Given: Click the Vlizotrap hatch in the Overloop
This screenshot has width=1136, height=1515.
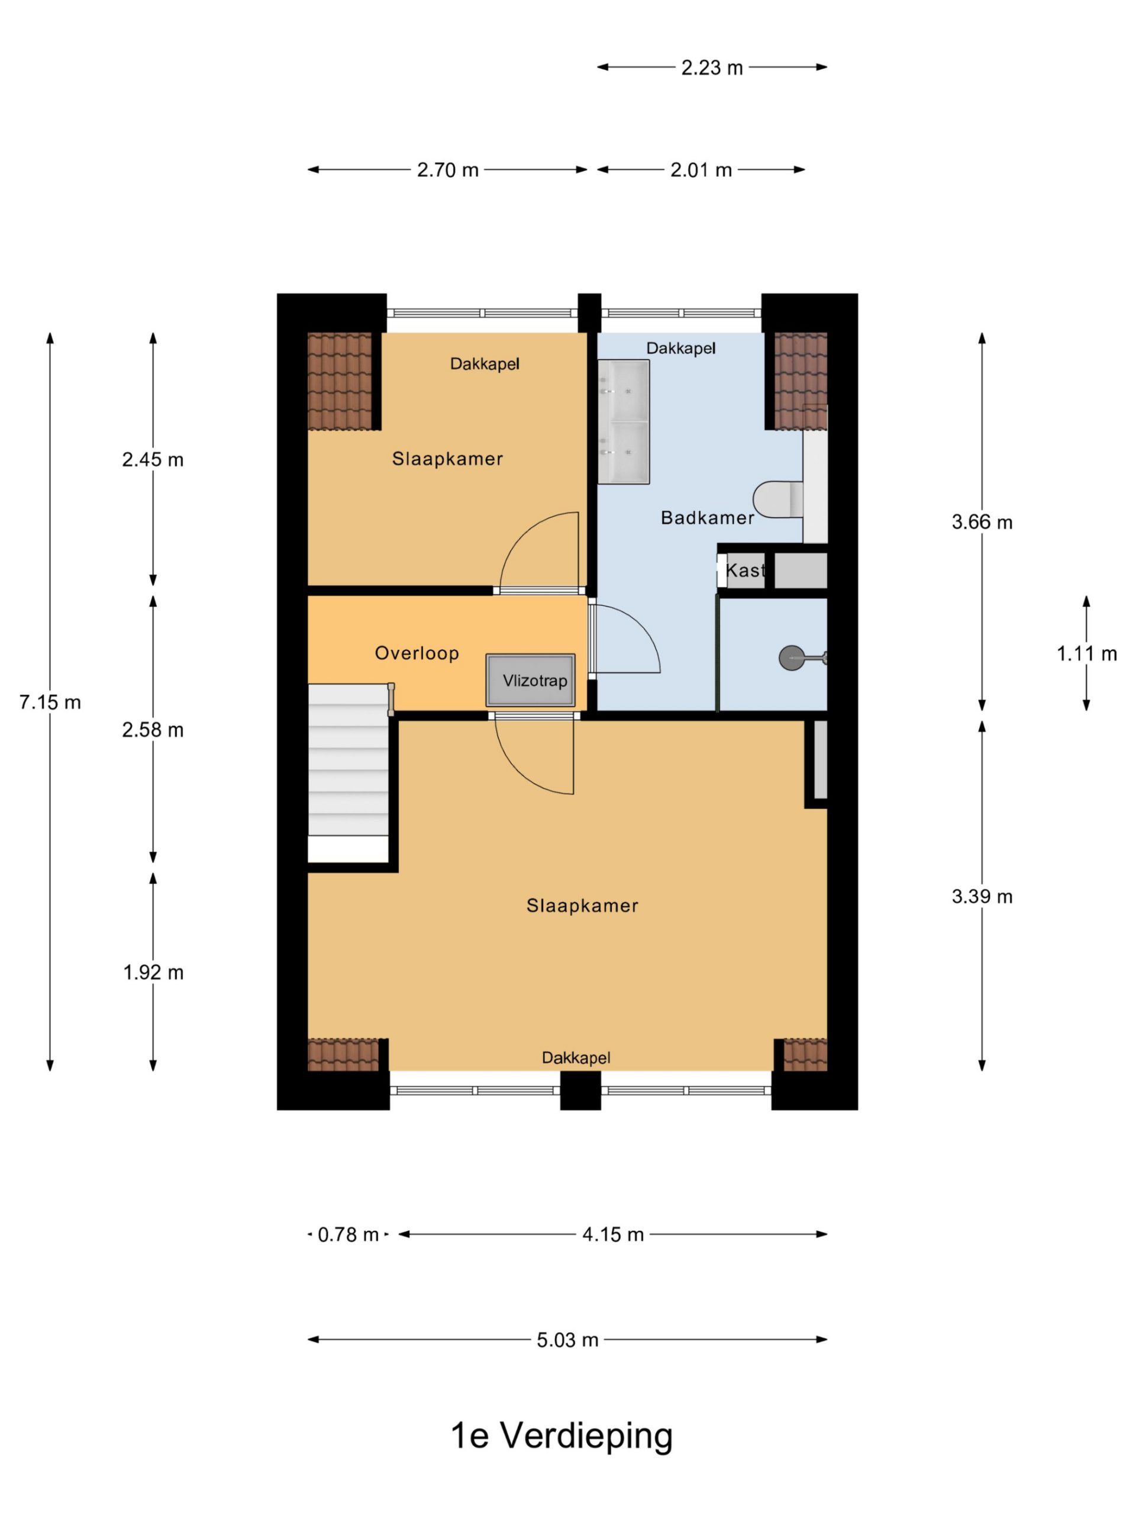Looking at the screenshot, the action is (x=530, y=680).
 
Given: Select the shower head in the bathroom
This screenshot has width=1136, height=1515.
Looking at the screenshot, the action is (x=792, y=658).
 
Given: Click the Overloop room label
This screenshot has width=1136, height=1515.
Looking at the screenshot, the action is (x=417, y=653).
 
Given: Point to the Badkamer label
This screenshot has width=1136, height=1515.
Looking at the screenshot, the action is (x=706, y=518).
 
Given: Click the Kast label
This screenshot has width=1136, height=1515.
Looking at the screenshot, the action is (x=744, y=570).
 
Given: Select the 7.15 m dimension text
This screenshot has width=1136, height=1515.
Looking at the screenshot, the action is (x=50, y=702).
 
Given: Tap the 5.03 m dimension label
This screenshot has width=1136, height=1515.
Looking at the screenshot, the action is (x=567, y=1340).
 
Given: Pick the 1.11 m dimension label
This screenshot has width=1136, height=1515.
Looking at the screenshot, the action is (x=1086, y=653).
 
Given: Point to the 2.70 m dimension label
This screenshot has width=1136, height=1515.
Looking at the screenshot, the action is (x=448, y=170).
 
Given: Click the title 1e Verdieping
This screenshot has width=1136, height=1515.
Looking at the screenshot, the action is (x=561, y=1436).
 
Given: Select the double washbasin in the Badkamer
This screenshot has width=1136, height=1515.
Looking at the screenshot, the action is (x=623, y=422).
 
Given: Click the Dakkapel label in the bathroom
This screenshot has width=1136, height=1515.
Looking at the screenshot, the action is (x=680, y=348).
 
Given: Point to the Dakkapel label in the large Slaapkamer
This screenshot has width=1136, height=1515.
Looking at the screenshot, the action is (x=576, y=1058).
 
